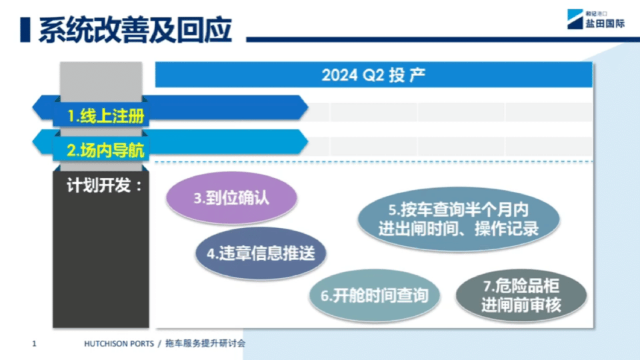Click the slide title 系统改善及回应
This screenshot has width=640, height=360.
click(135, 30)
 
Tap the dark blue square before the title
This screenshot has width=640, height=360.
click(25, 30)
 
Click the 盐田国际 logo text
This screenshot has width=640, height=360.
click(605, 24)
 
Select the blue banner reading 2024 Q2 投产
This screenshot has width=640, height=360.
click(373, 75)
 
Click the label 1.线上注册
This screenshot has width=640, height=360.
click(106, 116)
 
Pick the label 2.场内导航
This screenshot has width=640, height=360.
click(106, 150)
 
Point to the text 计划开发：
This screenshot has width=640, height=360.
click(105, 186)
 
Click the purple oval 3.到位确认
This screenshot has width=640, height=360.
click(231, 198)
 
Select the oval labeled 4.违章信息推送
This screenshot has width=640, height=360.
click(261, 253)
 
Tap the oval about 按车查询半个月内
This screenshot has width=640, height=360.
click(459, 219)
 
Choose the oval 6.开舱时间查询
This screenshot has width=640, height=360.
click(374, 295)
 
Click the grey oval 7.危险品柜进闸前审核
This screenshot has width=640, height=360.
click(521, 295)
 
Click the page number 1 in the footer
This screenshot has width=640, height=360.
click(34, 344)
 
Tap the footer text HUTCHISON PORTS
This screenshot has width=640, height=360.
click(119, 344)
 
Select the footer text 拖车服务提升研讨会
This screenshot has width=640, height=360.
click(205, 343)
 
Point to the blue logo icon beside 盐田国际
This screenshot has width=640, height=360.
click(575, 19)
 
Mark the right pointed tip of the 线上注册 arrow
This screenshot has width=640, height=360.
click(308, 107)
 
